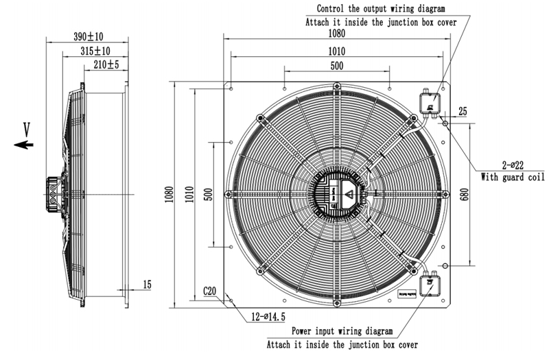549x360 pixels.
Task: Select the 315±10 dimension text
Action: click(95, 51)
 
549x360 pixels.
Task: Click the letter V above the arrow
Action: click(27, 128)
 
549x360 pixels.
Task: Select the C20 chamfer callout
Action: click(210, 291)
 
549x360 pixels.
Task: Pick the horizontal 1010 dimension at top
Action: click(336, 51)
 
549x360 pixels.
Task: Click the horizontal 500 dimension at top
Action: click(336, 66)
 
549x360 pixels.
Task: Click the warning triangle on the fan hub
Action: click(349, 194)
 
